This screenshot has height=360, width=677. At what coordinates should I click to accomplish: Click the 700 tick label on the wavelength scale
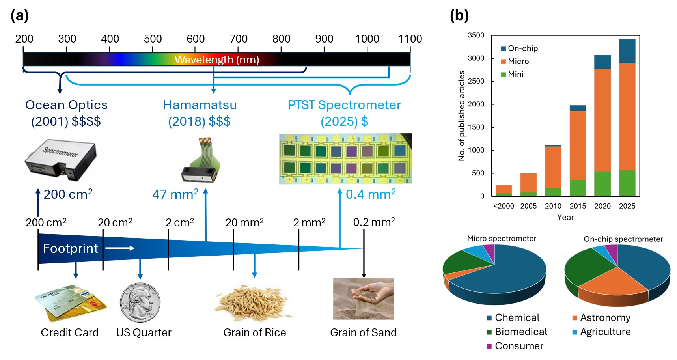tap(238, 39)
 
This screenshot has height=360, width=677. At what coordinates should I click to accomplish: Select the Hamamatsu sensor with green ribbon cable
tap(201, 161)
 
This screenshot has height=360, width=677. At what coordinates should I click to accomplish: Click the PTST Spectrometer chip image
tap(345, 159)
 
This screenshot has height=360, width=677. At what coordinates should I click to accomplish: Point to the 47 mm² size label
tap(175, 194)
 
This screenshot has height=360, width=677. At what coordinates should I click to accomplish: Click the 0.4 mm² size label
tap(371, 194)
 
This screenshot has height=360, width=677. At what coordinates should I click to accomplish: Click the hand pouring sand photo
tap(364, 298)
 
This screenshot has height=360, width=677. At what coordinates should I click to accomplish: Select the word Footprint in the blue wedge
tap(70, 248)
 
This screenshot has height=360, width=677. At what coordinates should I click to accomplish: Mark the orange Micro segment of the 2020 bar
tap(602, 120)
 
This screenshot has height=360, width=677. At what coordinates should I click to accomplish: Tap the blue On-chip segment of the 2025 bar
tap(627, 51)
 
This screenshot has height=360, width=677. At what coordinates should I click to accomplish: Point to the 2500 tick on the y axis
tap(476, 81)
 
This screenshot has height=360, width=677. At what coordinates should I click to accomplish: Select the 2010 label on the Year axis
tap(553, 206)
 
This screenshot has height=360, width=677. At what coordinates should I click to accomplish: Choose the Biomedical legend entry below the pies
tap(520, 332)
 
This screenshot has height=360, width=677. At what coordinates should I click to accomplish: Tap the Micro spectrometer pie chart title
tap(502, 238)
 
